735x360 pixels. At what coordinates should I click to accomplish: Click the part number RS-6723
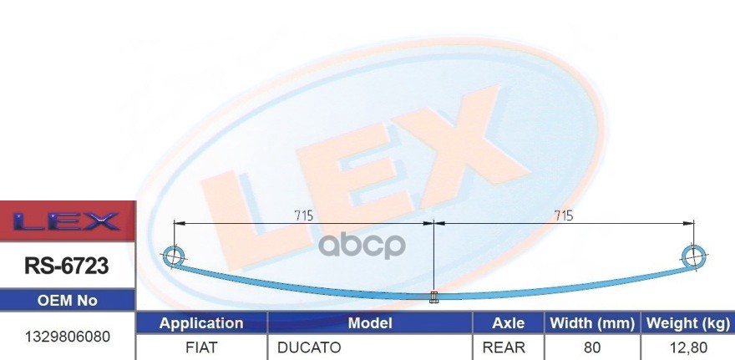66,266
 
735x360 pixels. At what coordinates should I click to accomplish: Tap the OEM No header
67,301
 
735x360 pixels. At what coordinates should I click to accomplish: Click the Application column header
201,323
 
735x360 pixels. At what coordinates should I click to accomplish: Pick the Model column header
369,323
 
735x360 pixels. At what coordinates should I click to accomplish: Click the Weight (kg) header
686,323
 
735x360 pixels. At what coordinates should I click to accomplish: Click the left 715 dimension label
303,215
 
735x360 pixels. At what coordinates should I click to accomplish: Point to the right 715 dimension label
564,215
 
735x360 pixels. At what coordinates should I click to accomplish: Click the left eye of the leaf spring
174,255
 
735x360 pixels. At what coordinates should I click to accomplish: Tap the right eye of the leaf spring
694,254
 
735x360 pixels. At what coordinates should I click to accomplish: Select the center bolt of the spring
433,297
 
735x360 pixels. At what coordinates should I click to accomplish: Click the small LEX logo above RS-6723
67,222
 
